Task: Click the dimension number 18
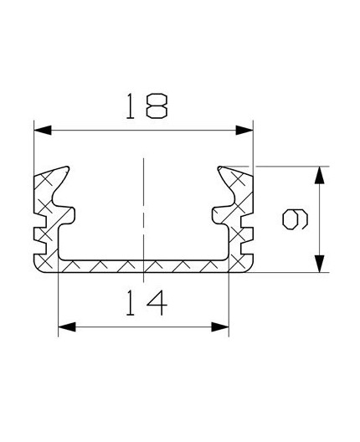click(x=144, y=106)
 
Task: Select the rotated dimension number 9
click(x=294, y=219)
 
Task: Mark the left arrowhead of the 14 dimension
click(x=66, y=326)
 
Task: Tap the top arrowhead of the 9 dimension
click(x=318, y=176)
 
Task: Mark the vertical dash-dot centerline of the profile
click(x=144, y=209)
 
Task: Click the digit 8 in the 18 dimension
click(x=157, y=106)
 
